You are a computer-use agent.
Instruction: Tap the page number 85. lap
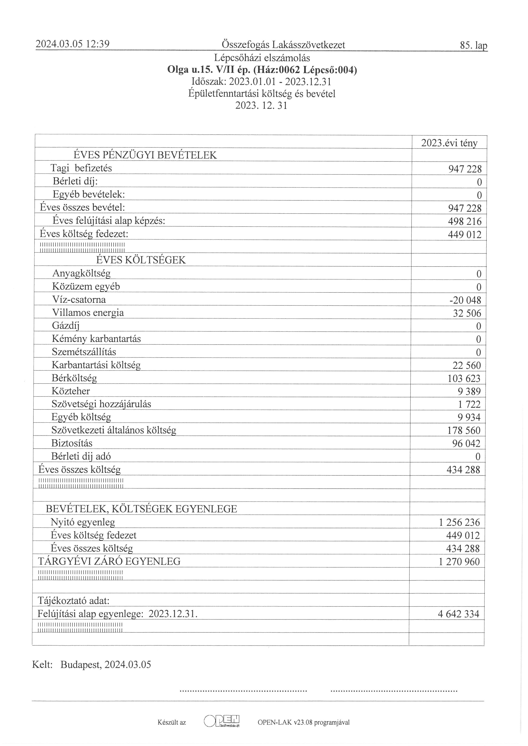click(x=473, y=46)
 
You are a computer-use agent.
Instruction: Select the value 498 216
click(x=465, y=222)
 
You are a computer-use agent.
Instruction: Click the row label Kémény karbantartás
click(x=96, y=339)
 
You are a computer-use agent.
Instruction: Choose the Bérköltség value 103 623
click(x=464, y=378)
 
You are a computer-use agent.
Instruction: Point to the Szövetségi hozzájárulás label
click(x=101, y=404)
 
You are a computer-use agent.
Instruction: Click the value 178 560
click(x=464, y=431)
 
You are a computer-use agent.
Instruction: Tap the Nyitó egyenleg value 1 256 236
click(x=459, y=522)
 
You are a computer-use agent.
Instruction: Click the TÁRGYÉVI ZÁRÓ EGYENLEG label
click(x=109, y=561)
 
